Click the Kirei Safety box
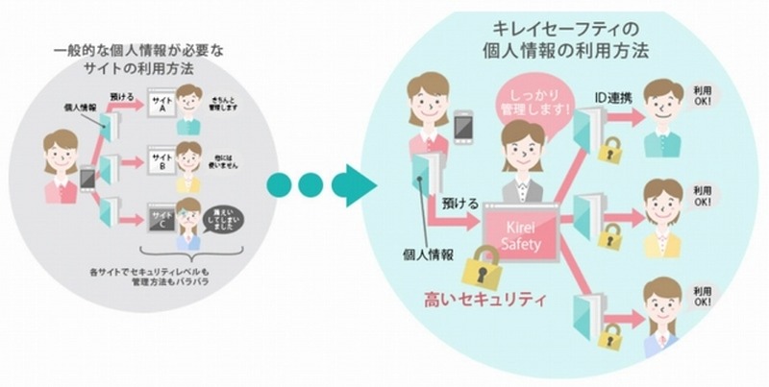coord(522,234)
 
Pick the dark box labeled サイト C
coord(161,214)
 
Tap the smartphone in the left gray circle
coord(87,177)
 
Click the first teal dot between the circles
coord(279,183)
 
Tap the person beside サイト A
coord(192,103)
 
